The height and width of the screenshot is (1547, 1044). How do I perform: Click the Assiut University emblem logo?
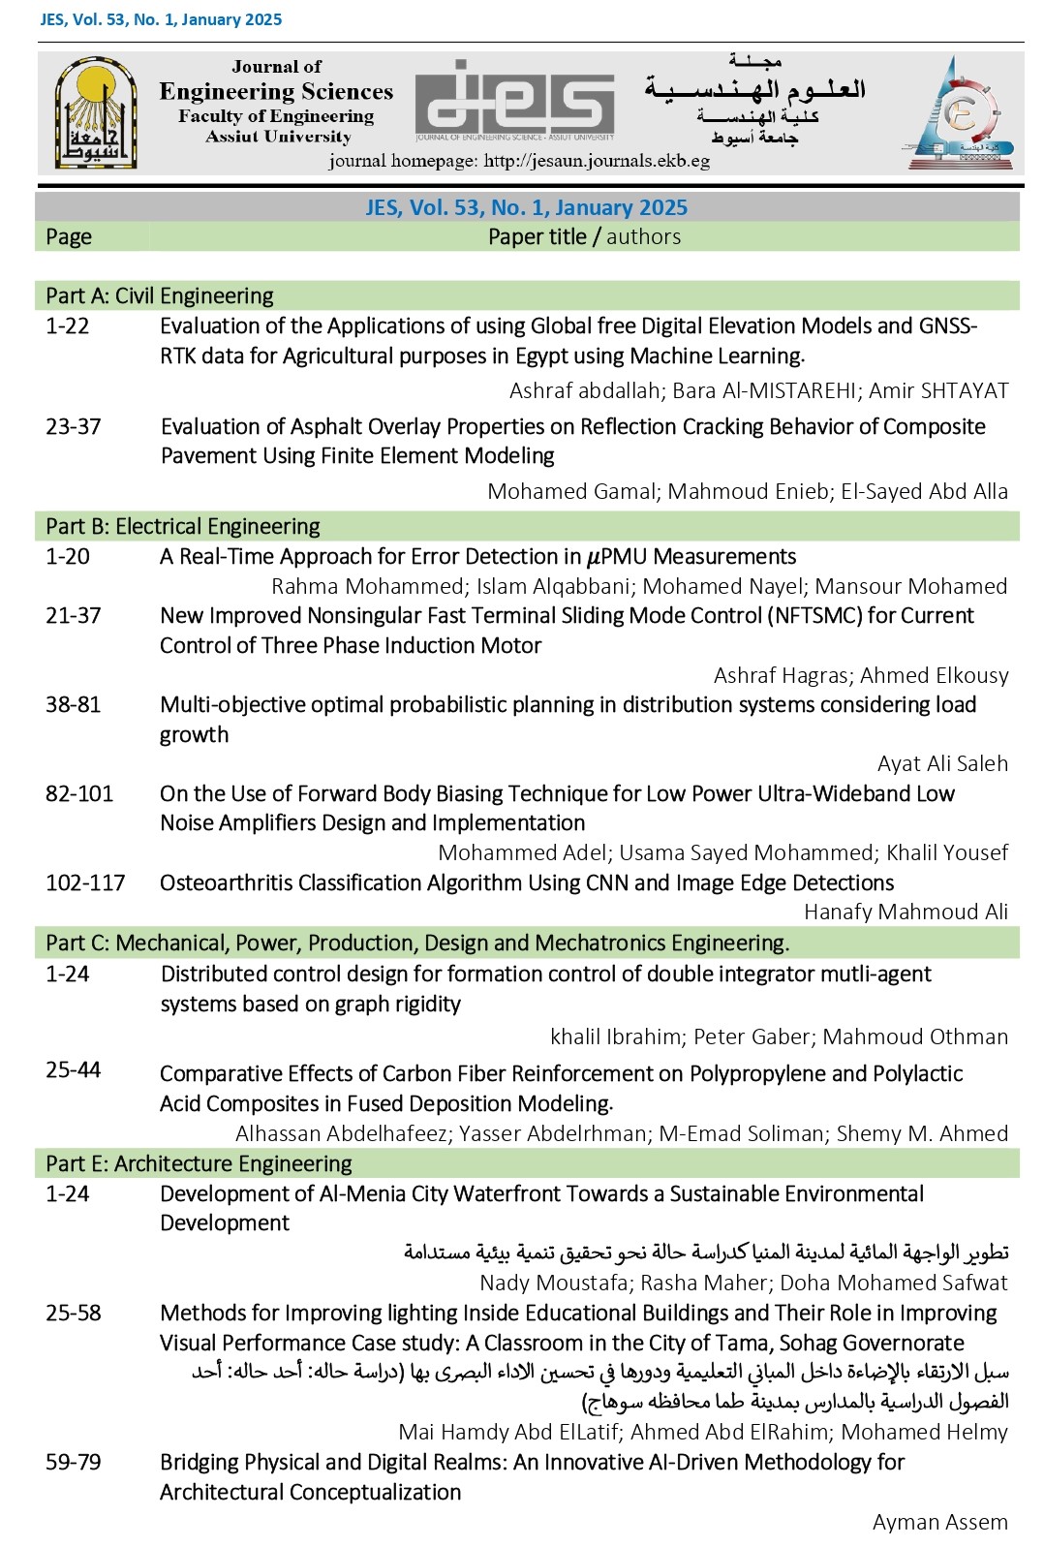95,113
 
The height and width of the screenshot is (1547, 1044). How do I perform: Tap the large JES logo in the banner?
514,101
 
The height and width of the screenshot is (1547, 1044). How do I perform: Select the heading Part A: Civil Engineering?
160,295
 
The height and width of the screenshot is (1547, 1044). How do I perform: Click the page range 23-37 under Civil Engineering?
74,426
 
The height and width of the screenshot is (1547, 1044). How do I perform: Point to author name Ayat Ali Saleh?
942,763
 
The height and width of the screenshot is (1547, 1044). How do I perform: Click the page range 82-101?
79,793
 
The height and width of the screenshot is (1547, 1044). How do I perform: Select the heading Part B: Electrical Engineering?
183,526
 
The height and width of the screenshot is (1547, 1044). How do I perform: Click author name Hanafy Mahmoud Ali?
906,912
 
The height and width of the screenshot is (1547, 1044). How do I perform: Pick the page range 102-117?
85,882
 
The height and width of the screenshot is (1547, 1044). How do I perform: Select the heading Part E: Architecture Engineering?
199,1163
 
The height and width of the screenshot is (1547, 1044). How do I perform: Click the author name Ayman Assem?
939,1522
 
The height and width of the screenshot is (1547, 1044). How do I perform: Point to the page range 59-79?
74,1462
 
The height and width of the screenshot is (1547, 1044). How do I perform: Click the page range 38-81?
74,704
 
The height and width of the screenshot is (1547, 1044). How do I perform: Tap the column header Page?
69,236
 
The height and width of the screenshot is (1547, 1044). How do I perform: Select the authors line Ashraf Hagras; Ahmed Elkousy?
860,675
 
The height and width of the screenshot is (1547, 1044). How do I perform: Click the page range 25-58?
74,1313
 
